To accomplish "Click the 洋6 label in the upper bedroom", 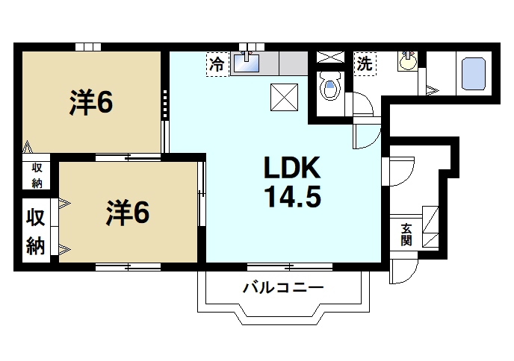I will (x=91, y=104).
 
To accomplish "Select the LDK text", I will (x=291, y=169).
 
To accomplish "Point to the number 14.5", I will (x=291, y=198).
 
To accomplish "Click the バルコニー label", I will (x=282, y=287).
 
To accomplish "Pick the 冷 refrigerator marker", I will (x=217, y=64).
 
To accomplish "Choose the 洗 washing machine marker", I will (x=364, y=63).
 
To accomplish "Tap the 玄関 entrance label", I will (x=406, y=236).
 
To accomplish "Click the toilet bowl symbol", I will (x=329, y=90).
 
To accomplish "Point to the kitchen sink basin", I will (x=247, y=63).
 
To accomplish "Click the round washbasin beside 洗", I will (x=408, y=62).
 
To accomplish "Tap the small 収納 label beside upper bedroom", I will (x=37, y=176).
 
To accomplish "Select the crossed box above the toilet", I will (x=329, y=58).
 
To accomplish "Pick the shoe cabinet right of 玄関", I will (x=433, y=225).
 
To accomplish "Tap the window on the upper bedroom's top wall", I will (x=88, y=46).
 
